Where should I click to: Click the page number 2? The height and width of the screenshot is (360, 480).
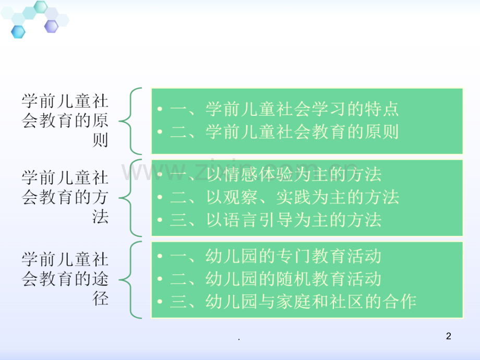coord(449,336)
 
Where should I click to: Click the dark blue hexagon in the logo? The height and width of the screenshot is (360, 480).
coord(18,32)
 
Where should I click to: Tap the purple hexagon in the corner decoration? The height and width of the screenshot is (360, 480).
coord(52,26)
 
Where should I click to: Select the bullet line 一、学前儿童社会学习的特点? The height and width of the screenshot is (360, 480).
coord(284,109)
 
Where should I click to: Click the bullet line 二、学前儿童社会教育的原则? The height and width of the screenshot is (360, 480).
coord(284,131)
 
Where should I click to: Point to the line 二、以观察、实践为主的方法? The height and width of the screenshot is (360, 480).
coord(284,197)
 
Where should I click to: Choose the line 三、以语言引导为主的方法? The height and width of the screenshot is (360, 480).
coord(275,220)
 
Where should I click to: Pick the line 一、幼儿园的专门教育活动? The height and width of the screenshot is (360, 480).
coord(275,256)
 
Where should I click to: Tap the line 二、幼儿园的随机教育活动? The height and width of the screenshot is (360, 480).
coord(275,279)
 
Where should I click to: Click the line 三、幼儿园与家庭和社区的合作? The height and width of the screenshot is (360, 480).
coord(293,302)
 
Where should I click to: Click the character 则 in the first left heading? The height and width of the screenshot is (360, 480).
coord(100,140)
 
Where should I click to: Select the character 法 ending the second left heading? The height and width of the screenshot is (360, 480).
coord(100,217)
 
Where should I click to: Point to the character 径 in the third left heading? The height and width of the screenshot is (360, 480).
coord(100,298)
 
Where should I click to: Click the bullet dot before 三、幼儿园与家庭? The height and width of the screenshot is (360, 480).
coord(160,302)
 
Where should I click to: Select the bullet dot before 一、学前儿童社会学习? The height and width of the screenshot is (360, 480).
coord(160,109)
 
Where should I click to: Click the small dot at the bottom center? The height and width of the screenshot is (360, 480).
coord(239,339)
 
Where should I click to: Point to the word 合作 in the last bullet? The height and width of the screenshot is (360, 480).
coord(399,302)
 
